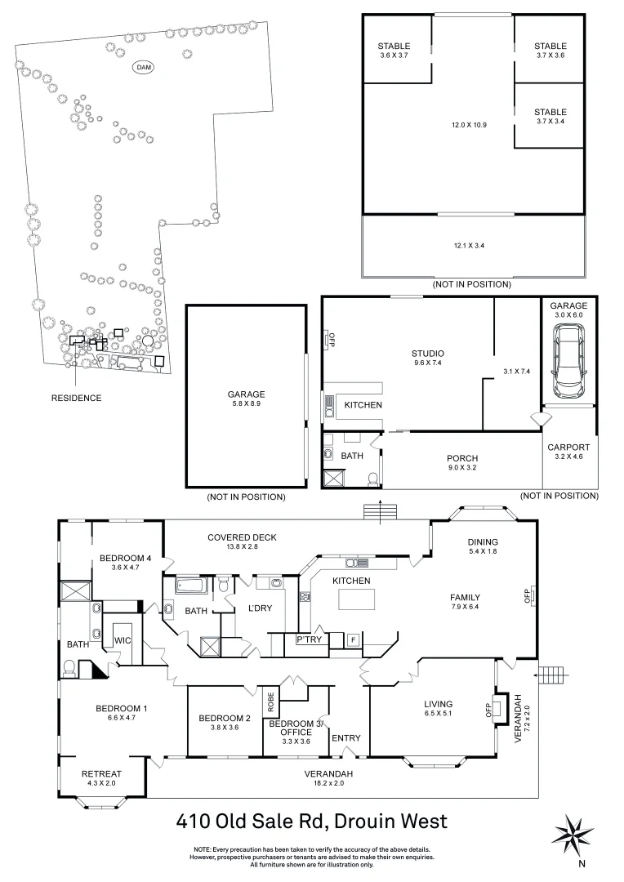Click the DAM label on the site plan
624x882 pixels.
pyautogui.click(x=145, y=66)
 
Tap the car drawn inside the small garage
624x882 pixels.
pyautogui.click(x=568, y=357)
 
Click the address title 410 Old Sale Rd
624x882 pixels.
pyautogui.click(x=312, y=820)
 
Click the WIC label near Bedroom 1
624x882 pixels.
pyautogui.click(x=123, y=639)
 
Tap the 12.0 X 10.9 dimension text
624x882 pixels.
pyautogui.click(x=469, y=125)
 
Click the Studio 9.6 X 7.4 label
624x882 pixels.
pyautogui.click(x=427, y=359)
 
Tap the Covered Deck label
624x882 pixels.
pyautogui.click(x=242, y=541)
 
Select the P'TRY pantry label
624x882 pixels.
pyautogui.click(x=309, y=639)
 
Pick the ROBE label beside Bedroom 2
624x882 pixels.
pyautogui.click(x=270, y=700)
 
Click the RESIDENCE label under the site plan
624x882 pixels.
pyautogui.click(x=77, y=398)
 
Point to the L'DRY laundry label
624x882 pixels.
pyautogui.click(x=248, y=608)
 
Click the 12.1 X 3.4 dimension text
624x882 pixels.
pyautogui.click(x=474, y=245)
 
